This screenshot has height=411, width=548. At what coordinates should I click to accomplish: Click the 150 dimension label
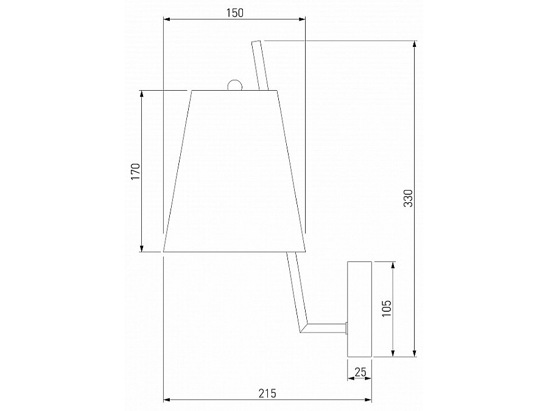tap(234, 13)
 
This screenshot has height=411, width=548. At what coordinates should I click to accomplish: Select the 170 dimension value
tap(135, 171)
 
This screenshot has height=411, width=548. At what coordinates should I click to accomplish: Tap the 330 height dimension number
tap(408, 198)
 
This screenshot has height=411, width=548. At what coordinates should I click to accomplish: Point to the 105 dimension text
tap(386, 308)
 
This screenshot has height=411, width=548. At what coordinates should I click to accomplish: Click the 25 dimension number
tap(360, 372)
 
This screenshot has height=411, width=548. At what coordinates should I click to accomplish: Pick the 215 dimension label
tap(267, 393)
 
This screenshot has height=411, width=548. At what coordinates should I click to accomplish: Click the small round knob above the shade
tap(234, 85)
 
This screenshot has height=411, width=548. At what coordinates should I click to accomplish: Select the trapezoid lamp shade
tap(234, 171)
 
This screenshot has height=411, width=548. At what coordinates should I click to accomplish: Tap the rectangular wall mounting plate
tap(359, 309)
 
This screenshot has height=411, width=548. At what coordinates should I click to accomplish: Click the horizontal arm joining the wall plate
tap(325, 328)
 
